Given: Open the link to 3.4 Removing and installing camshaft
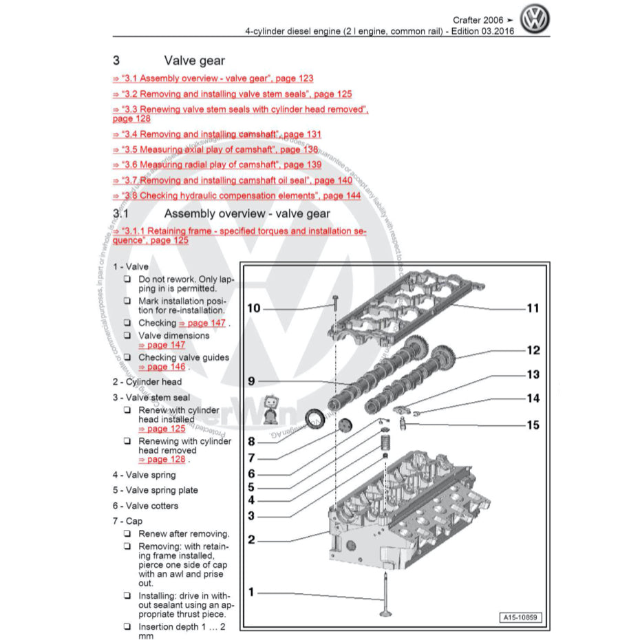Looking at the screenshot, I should pyautogui.click(x=217, y=134).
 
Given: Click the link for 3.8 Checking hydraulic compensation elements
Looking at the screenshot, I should pyautogui.click(x=237, y=195).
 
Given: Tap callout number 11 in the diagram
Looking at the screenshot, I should pyautogui.click(x=533, y=308).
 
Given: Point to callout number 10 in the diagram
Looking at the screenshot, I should pyautogui.click(x=254, y=308).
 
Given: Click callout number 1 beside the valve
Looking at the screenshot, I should pyautogui.click(x=251, y=592).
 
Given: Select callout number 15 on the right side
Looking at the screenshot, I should pyautogui.click(x=533, y=425).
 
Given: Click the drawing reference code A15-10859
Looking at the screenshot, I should pyautogui.click(x=520, y=617).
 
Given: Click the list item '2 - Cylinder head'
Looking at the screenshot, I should pyautogui.click(x=147, y=381).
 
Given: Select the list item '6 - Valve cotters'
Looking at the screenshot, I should pyautogui.click(x=145, y=506).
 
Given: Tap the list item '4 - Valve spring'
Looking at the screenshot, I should pyautogui.click(x=144, y=475).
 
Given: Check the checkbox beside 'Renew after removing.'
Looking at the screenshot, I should pyautogui.click(x=127, y=534).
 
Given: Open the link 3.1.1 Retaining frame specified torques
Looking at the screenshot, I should pyautogui.click(x=239, y=235).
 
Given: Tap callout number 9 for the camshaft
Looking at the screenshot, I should pyautogui.click(x=251, y=381).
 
